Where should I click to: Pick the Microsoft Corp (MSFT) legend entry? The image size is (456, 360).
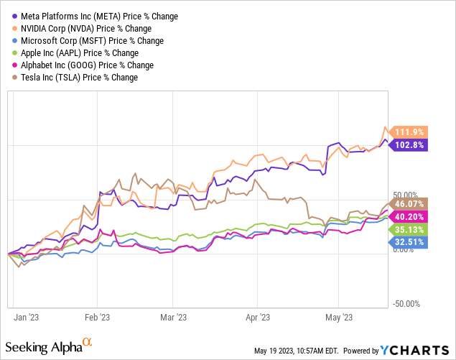click(x=88, y=40)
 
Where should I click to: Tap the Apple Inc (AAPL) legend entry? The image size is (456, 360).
click(x=78, y=52)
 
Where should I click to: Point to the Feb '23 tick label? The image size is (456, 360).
click(x=98, y=317)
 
